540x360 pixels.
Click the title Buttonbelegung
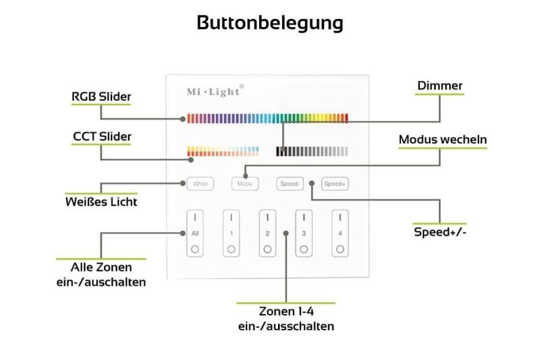[270, 23]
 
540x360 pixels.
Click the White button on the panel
[200, 183]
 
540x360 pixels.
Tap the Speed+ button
[334, 183]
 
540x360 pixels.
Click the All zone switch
[195, 233]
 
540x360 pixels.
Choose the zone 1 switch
[231, 233]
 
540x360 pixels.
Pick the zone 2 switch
[267, 233]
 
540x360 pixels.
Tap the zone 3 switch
[304, 233]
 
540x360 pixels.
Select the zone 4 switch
[340, 233]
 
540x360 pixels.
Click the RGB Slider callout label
[101, 97]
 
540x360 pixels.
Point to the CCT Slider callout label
[102, 136]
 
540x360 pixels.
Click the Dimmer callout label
[439, 86]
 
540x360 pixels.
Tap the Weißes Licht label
[101, 201]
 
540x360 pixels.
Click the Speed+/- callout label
[440, 232]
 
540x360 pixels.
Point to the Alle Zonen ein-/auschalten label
[101, 274]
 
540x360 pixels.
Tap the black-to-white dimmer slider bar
[313, 151]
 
